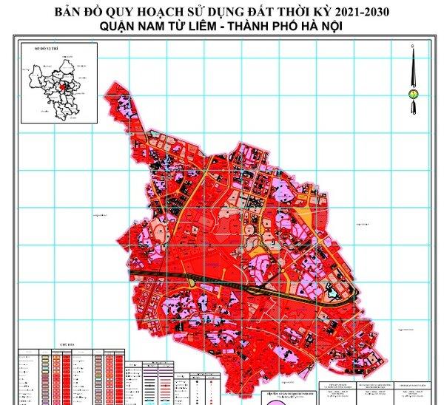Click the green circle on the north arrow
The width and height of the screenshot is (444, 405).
coord(413,95)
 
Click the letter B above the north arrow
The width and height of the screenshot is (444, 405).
coord(413,47)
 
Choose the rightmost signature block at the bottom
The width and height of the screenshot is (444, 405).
coord(412,392)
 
